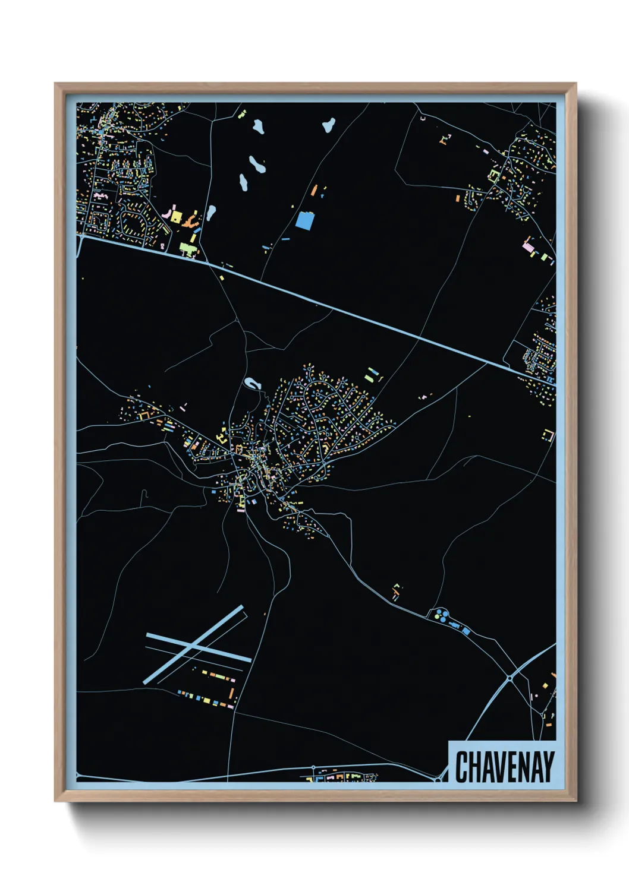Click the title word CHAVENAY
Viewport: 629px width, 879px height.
tap(505, 767)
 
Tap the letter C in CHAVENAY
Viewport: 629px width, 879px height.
tap(462, 767)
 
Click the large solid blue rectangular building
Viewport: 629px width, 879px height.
tap(304, 221)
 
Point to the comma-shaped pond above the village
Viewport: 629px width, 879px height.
tap(253, 384)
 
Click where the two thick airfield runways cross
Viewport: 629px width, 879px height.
tap(192, 644)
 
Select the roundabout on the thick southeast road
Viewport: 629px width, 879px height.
tap(510, 677)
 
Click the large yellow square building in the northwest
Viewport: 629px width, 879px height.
tap(175, 216)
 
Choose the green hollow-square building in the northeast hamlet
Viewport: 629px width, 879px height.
tap(493, 176)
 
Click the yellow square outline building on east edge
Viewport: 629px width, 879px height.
tap(548, 435)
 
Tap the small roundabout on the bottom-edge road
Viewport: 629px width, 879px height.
tap(313, 768)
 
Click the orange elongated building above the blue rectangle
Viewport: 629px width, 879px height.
tap(314, 190)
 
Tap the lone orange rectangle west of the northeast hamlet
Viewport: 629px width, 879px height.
tap(458, 198)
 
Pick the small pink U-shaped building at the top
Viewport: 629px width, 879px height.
tap(423, 119)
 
